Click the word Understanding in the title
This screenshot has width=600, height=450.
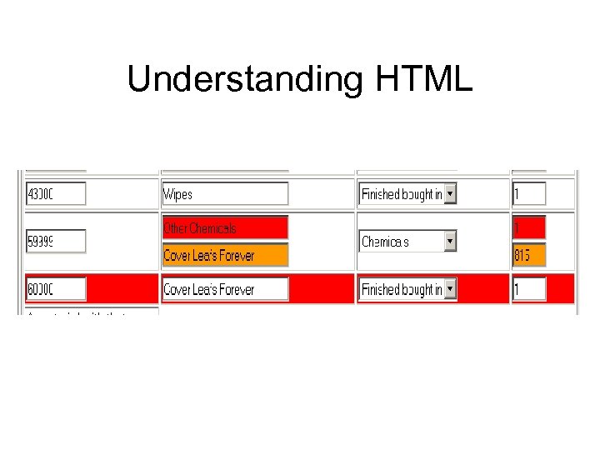pyautogui.click(x=244, y=80)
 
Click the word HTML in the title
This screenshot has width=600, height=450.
pyautogui.click(x=424, y=80)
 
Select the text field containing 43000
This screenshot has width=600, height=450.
pyautogui.click(x=56, y=194)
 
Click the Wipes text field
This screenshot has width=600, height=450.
pyautogui.click(x=225, y=194)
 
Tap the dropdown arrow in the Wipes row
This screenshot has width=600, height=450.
pyautogui.click(x=450, y=194)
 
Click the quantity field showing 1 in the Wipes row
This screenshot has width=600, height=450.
pyautogui.click(x=528, y=194)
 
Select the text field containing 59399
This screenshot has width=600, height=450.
pyautogui.click(x=56, y=242)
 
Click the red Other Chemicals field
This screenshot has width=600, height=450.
pyautogui.click(x=225, y=227)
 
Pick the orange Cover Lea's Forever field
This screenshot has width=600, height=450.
pyautogui.click(x=225, y=255)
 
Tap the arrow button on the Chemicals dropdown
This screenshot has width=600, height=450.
pyautogui.click(x=450, y=242)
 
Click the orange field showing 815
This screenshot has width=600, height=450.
pyautogui.click(x=528, y=255)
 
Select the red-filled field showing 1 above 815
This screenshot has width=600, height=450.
pyautogui.click(x=528, y=227)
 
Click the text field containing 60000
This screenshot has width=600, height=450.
pyautogui.click(x=56, y=289)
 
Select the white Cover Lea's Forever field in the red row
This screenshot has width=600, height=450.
pyautogui.click(x=225, y=289)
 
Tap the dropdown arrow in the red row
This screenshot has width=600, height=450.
pyautogui.click(x=450, y=289)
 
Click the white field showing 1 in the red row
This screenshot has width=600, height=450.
pyautogui.click(x=528, y=289)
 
